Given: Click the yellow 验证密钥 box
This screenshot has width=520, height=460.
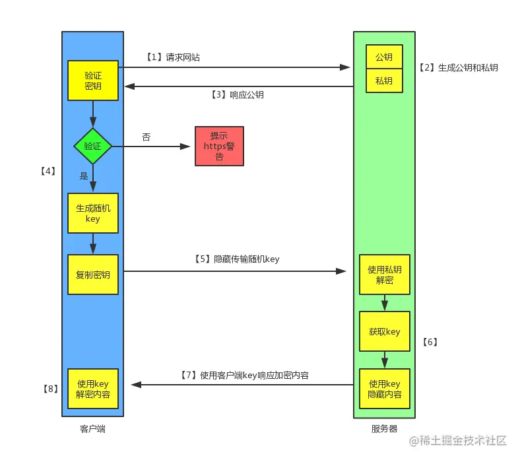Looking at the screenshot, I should tap(93, 81).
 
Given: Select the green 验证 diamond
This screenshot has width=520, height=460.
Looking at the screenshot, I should tap(92, 146).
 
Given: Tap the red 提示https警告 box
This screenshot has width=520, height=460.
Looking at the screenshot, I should tap(219, 146).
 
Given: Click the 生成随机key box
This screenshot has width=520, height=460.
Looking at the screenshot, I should tap(93, 213).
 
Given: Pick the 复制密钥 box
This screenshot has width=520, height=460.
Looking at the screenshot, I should tap(93, 275).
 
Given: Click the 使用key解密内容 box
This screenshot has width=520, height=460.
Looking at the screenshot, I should tap(93, 389).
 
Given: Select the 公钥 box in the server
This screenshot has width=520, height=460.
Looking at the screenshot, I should tap(384, 57).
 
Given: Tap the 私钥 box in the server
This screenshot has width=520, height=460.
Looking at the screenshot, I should tap(384, 81).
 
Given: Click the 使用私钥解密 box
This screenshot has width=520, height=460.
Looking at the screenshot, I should tap(384, 275).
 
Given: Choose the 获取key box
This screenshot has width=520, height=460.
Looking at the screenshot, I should tap(384, 331).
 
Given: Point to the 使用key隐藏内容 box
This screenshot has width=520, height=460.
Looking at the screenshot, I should tap(384, 389).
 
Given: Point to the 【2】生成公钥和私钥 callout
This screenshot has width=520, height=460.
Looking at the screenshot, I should tap(459, 68).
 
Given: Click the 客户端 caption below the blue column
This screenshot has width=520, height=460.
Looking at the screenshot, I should tap(92, 429).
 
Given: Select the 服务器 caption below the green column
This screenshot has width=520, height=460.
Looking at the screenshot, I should tap(384, 429).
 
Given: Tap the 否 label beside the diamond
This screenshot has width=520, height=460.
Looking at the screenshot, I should tap(146, 137).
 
